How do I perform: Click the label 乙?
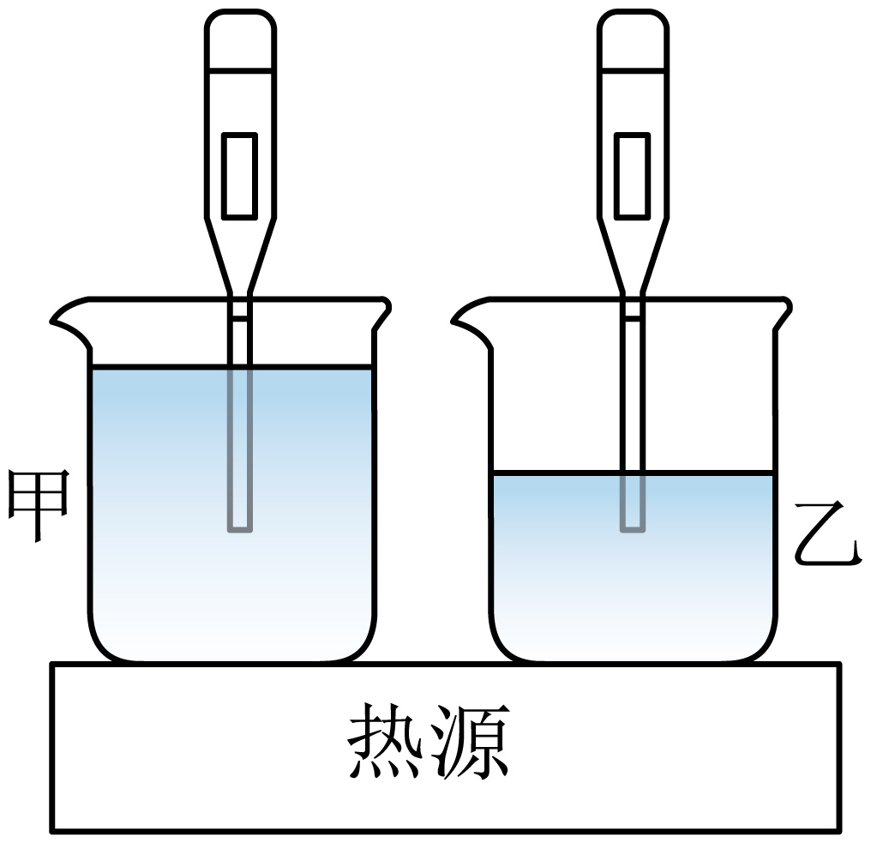coord(827,533)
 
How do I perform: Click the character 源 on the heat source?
coord(471,741)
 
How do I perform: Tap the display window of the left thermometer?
coord(240,175)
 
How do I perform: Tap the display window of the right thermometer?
coord(633,175)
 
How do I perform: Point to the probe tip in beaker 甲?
coord(240,529)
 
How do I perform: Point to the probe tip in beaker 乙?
coord(633,529)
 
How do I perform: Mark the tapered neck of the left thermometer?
coord(240,256)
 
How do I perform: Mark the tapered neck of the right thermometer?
coord(633,256)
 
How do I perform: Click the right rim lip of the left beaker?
coord(382,313)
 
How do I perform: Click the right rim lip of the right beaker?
coord(784,313)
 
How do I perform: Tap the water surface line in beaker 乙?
coord(634,473)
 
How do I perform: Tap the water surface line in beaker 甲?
coord(232,367)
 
